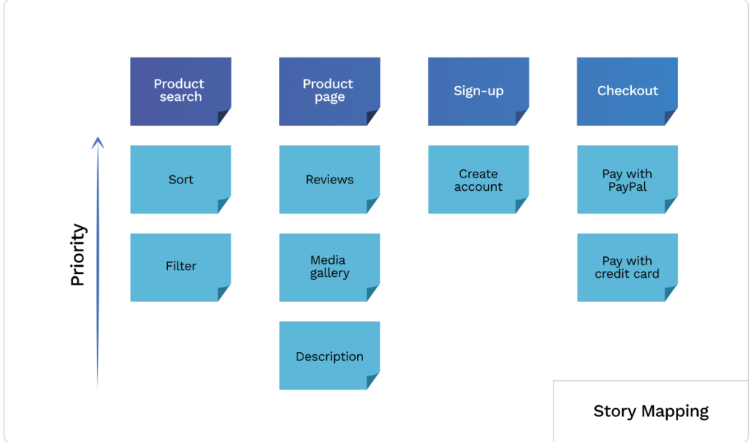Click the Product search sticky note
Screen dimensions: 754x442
[x=180, y=91]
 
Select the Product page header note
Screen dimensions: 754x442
[x=329, y=91]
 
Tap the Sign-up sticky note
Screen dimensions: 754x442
[x=479, y=91]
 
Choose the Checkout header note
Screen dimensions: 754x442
[x=627, y=91]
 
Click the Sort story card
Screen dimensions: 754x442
[x=180, y=180]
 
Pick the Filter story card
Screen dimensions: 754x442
[x=180, y=267]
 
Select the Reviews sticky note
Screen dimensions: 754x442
[x=329, y=180]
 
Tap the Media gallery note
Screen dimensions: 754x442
[x=329, y=267]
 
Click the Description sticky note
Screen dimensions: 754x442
[x=329, y=355]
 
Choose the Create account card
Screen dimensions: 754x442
[x=479, y=180]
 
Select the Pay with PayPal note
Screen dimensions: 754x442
[x=627, y=180]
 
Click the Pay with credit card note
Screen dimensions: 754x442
[x=627, y=267]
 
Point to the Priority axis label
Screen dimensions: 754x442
[x=78, y=254]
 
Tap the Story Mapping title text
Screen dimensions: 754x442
[x=651, y=412]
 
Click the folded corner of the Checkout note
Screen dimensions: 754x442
[x=670, y=117]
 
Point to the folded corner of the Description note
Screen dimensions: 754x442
[x=372, y=381]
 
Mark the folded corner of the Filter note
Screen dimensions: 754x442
[x=223, y=293]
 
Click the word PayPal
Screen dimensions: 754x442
[x=627, y=186]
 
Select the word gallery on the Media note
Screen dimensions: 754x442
[x=329, y=273]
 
